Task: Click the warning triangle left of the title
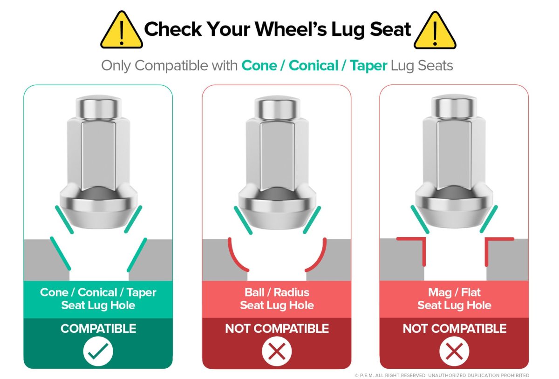coord(122,30)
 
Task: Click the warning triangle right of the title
coord(435,31)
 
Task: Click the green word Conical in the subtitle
coord(313,66)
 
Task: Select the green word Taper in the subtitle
coord(368,66)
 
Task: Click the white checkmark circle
coord(98,351)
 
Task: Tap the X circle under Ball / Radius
coord(277,351)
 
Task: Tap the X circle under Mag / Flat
coord(454,351)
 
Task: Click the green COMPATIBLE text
coord(98,328)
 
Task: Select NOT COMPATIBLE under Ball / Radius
coord(277,328)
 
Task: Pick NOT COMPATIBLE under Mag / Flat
coord(455,328)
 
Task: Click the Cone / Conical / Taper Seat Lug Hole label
coord(98,298)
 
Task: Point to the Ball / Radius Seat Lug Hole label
coord(277,298)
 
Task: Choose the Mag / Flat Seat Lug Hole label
coord(454,298)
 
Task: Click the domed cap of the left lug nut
coord(99,107)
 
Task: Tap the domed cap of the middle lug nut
coord(277,108)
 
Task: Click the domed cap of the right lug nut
coord(455,107)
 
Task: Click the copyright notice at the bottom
coord(442,375)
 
